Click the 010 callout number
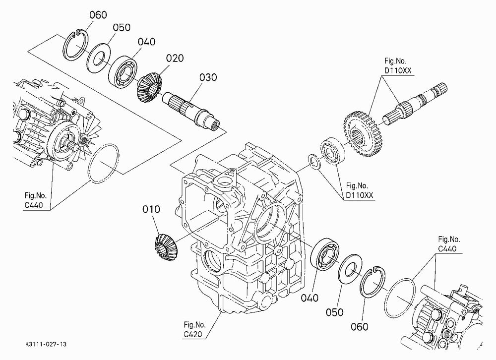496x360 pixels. point(151,209)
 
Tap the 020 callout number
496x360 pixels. point(175,58)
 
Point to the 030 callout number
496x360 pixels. point(208,77)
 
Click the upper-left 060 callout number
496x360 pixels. point(98,15)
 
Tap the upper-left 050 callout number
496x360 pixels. point(122,28)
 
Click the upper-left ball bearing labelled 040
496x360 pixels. point(123,72)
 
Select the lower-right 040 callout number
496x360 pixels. point(310,298)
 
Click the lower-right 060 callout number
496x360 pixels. point(359,326)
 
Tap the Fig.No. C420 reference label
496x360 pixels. point(194,330)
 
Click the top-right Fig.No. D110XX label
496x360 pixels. point(398,66)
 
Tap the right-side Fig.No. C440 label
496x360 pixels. point(449,244)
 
